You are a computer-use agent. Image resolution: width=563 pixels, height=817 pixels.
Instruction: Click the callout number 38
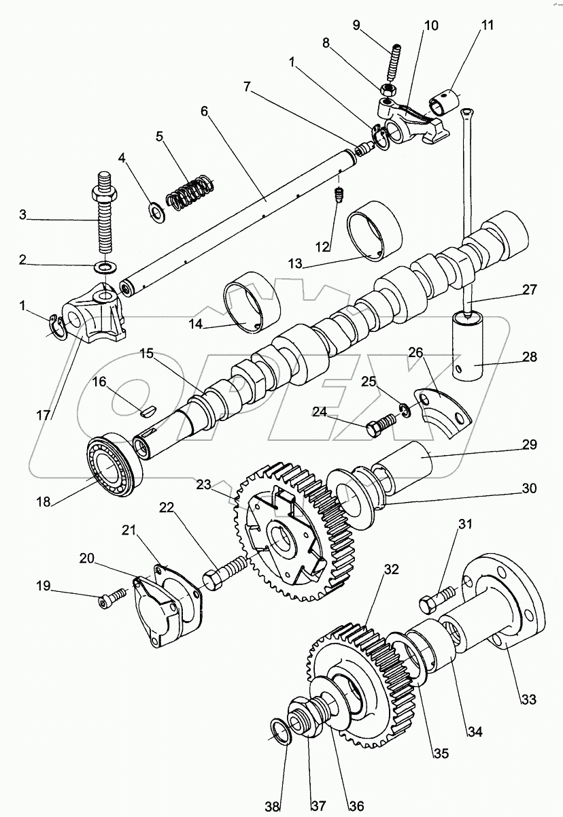272,805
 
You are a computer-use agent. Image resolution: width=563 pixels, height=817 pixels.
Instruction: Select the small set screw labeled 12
339,195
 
